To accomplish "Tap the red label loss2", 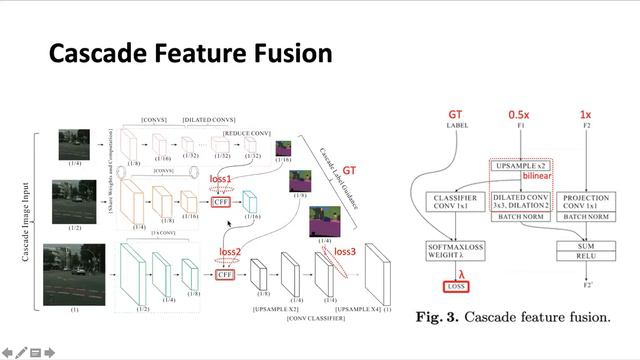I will point(231,251).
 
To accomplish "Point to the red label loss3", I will point(344,251).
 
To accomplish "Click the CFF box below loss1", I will point(222,202).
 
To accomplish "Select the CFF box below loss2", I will point(226,274).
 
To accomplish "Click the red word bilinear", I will point(538,176).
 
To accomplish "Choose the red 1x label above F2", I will point(591,116).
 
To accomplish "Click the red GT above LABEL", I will point(455,116).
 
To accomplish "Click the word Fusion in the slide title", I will point(287,52).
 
